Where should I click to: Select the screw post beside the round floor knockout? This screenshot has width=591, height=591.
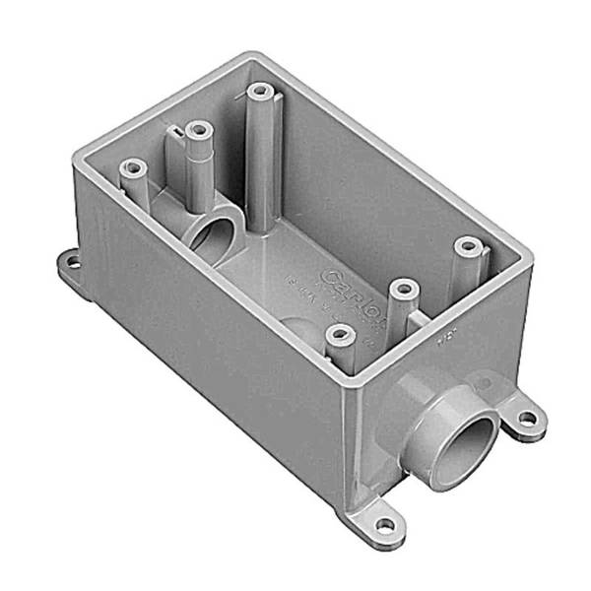[340, 336]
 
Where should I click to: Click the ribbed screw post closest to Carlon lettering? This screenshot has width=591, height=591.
[401, 289]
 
